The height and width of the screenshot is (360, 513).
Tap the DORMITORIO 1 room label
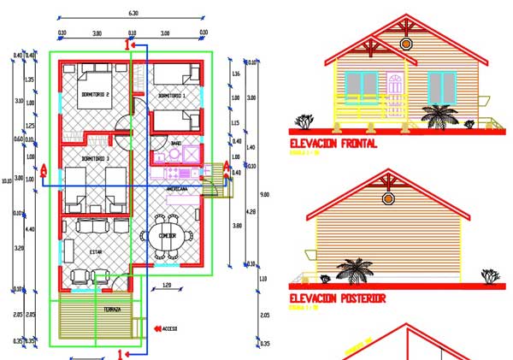[174, 96]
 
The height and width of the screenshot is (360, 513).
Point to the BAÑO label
[175, 142]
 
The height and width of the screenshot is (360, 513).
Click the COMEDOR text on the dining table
[167, 236]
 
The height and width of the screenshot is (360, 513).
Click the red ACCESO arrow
[157, 327]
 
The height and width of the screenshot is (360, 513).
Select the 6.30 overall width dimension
[133, 14]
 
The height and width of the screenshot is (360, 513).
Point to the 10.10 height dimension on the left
[7, 180]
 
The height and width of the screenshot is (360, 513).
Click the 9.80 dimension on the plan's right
[251, 194]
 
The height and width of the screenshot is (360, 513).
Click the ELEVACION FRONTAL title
[333, 144]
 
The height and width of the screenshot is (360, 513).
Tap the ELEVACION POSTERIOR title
[337, 298]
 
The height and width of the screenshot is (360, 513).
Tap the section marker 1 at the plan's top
[129, 44]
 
